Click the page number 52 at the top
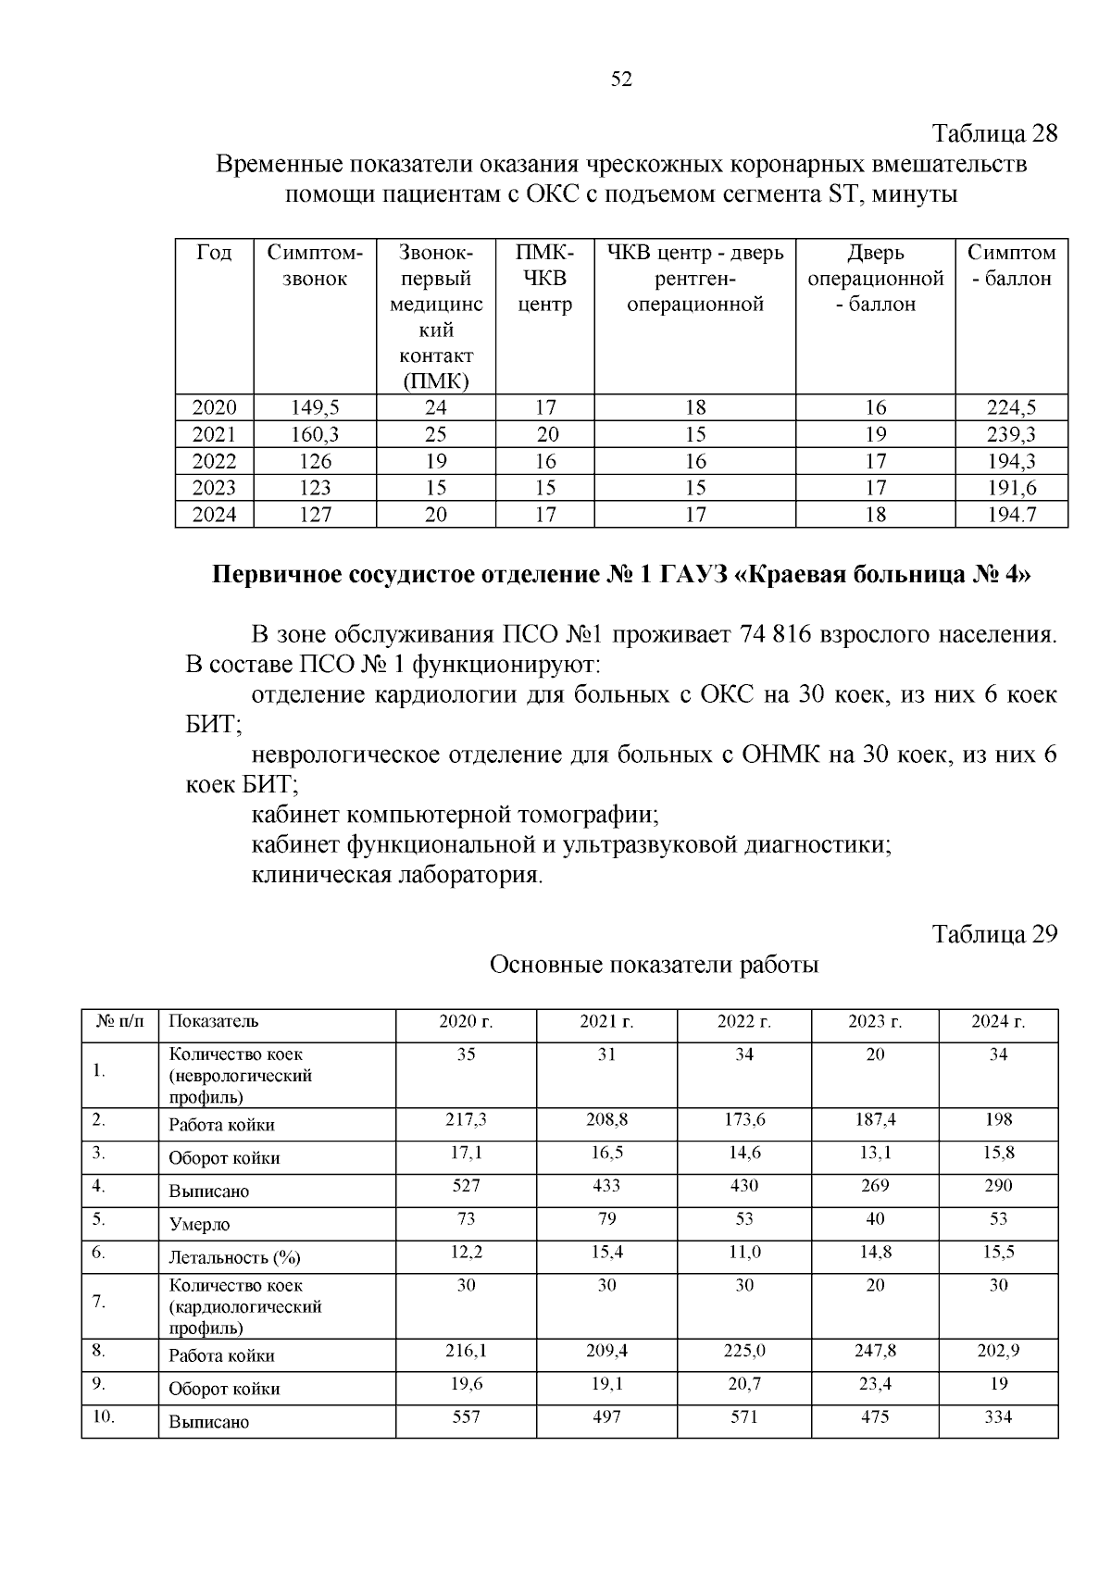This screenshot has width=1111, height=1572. [x=621, y=80]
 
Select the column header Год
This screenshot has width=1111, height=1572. [x=214, y=253]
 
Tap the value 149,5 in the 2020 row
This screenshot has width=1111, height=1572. [x=315, y=407]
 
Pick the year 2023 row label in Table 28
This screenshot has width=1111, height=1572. [x=214, y=488]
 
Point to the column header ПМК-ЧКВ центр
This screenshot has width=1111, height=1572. [x=544, y=278]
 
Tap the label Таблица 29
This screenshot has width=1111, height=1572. [x=993, y=933]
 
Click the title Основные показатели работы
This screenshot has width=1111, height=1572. [x=654, y=965]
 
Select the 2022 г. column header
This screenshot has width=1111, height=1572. [x=744, y=1022]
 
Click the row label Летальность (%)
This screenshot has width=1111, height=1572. [x=234, y=1257]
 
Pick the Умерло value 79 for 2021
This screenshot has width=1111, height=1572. [x=606, y=1218]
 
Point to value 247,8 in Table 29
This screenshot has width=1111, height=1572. [x=875, y=1351]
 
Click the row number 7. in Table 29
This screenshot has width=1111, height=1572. [x=99, y=1302]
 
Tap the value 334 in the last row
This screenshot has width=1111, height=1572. [x=998, y=1416]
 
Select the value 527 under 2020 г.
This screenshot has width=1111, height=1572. [x=466, y=1185]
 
